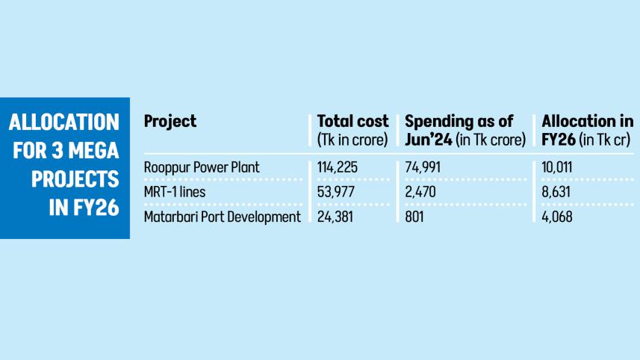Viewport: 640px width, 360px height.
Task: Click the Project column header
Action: (x=170, y=122)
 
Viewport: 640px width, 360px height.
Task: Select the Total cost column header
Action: (x=352, y=122)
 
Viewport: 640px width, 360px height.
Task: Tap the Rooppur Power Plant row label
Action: (x=201, y=167)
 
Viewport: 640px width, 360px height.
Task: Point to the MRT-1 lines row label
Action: (x=173, y=192)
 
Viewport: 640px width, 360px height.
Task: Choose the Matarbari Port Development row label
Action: (x=222, y=217)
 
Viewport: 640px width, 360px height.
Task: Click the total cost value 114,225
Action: (x=338, y=167)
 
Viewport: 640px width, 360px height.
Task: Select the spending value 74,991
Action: (x=422, y=167)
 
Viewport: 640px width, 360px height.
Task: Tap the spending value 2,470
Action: (x=420, y=192)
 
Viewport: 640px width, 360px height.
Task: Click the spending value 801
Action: (x=414, y=217)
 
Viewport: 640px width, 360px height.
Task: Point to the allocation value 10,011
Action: (x=557, y=167)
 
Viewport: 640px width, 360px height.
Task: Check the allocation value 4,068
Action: (x=558, y=217)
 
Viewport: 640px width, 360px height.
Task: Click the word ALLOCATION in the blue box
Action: (x=64, y=122)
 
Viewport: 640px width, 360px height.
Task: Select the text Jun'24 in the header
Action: (x=429, y=138)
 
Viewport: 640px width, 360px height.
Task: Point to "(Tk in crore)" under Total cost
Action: (x=352, y=138)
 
